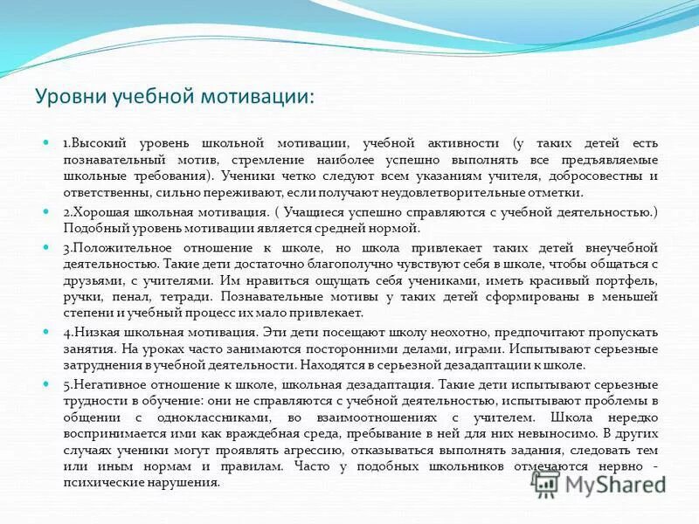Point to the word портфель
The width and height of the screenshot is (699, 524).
(x=631, y=279)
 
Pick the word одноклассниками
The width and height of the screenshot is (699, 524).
(x=180, y=417)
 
